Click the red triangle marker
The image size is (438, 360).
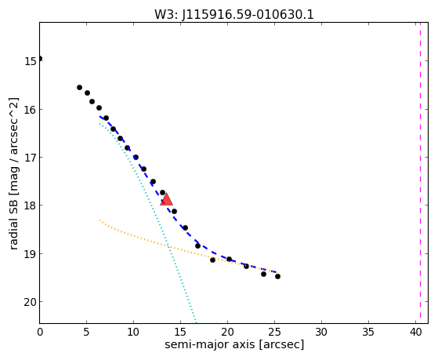pyautogui.click(x=166, y=200)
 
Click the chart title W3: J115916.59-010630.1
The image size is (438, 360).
pyautogui.click(x=234, y=15)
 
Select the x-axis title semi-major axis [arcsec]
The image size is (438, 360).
pyautogui.click(x=234, y=344)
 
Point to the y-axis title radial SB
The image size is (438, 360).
pyautogui.click(x=13, y=219)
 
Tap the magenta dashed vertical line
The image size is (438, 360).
pyautogui.click(x=420, y=173)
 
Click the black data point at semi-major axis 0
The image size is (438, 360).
pyautogui.click(x=40, y=58)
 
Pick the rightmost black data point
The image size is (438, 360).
pyautogui.click(x=277, y=276)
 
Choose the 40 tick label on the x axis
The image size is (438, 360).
pyautogui.click(x=415, y=333)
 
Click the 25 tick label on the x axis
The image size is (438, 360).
pyautogui.click(x=274, y=333)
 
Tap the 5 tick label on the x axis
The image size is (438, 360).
pyautogui.click(x=87, y=333)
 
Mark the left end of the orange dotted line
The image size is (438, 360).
pyautogui.click(x=100, y=220)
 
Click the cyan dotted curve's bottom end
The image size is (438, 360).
pyautogui.click(x=196, y=322)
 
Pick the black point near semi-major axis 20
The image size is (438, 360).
pyautogui.click(x=229, y=259)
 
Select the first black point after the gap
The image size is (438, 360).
pyautogui.click(x=79, y=87)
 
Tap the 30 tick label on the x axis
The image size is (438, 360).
pyautogui.click(x=321, y=333)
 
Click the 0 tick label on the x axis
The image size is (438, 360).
pyautogui.click(x=40, y=333)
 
